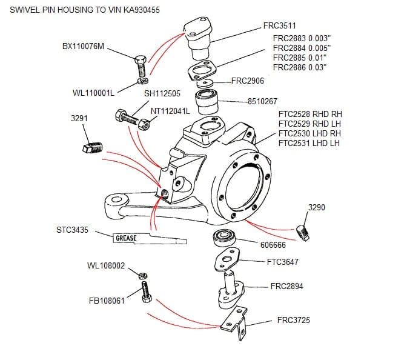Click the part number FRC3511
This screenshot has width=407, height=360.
click(279, 26)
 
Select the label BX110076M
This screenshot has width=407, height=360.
click(84, 46)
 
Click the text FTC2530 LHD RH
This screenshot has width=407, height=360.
click(309, 133)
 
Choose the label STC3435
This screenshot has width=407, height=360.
click(73, 231)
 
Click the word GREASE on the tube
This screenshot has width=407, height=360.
click(126, 238)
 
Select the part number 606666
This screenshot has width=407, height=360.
click(273, 244)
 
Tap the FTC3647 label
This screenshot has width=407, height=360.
click(282, 262)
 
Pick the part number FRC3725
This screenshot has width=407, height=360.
click(293, 320)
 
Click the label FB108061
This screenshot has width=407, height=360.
click(107, 300)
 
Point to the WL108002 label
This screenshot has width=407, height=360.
click(106, 265)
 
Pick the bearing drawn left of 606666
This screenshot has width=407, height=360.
click(225, 238)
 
